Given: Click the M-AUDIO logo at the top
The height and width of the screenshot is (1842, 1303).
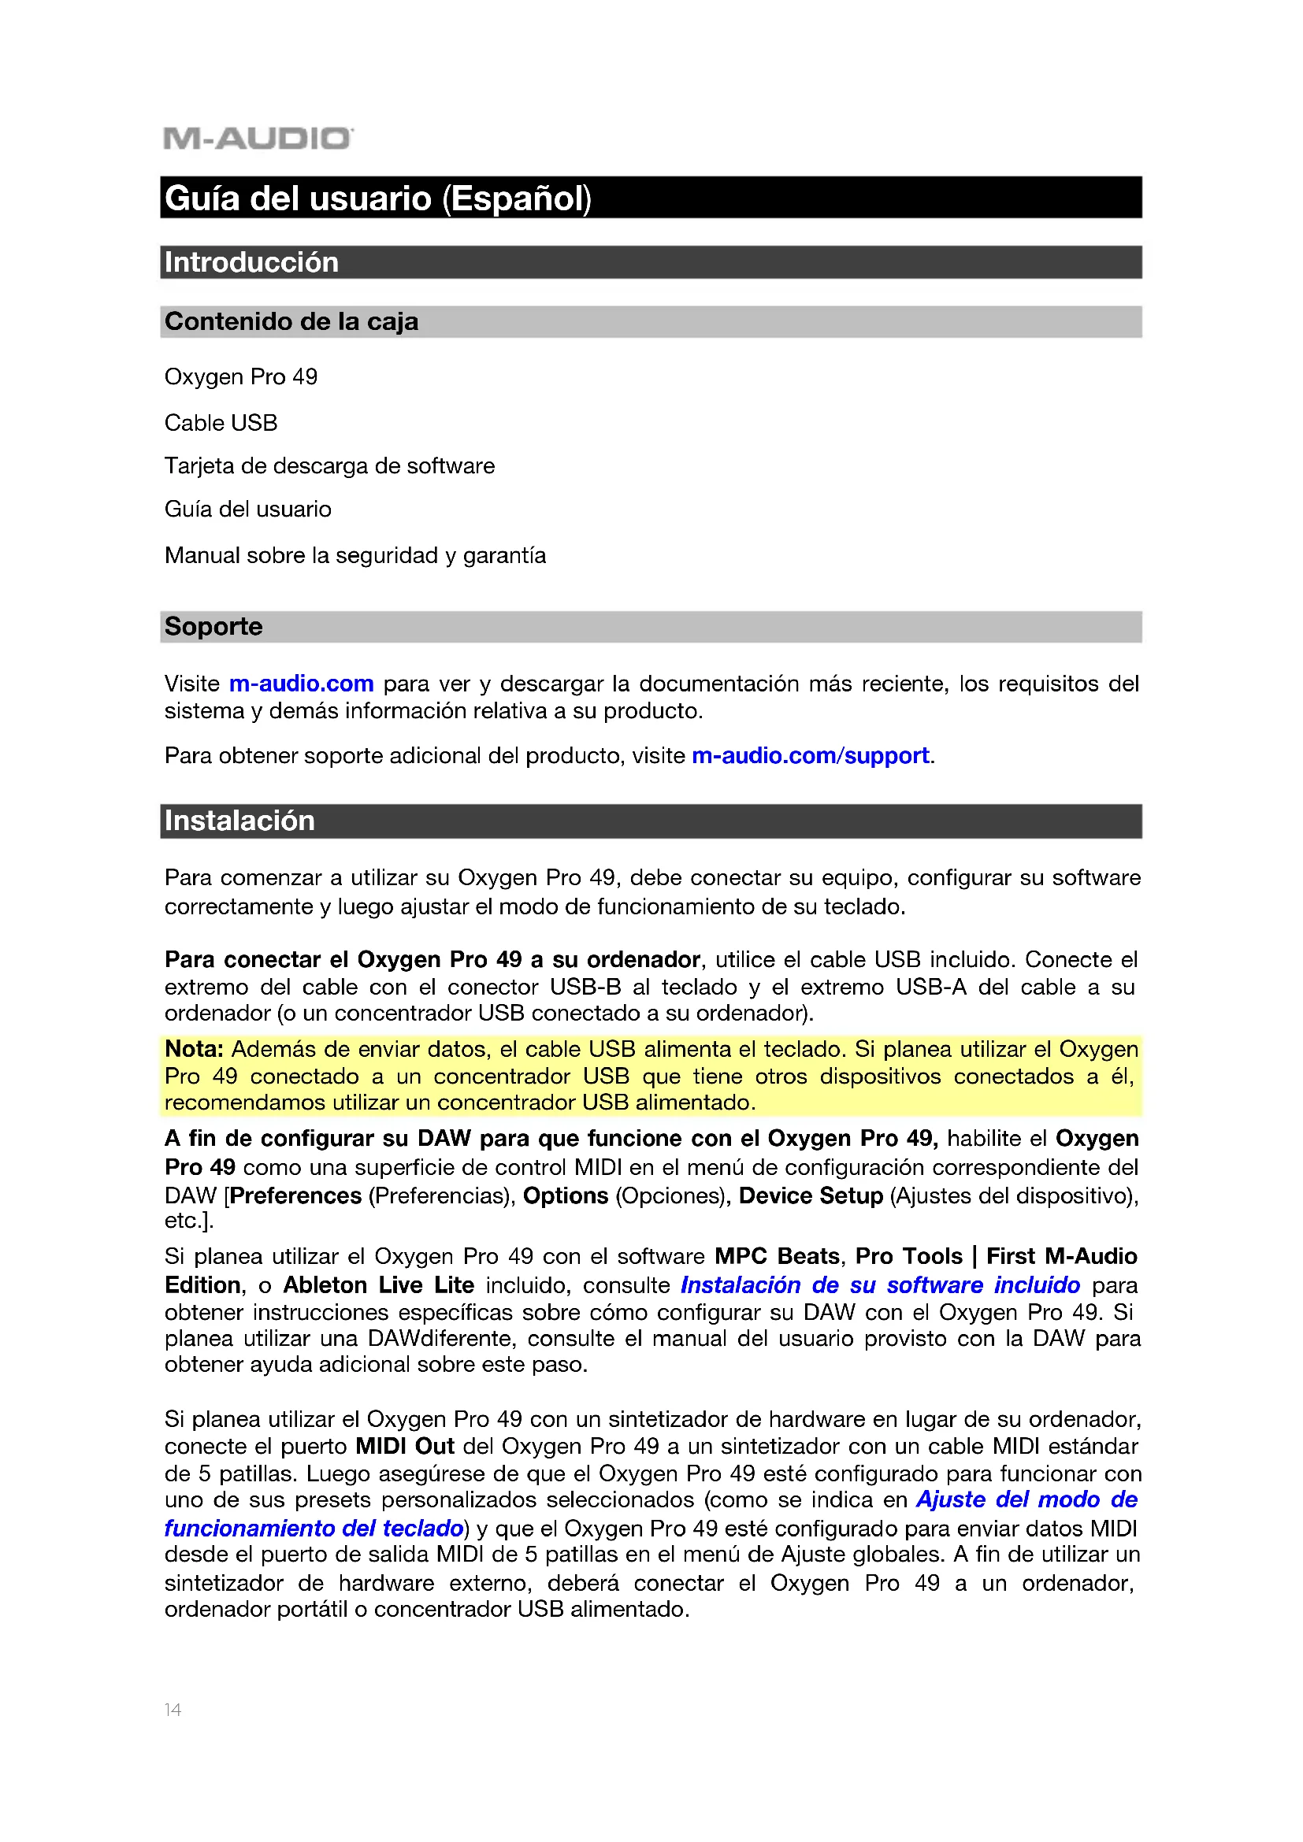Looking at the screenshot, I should coord(258,138).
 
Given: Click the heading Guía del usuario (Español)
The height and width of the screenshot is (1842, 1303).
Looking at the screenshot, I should coord(377,198).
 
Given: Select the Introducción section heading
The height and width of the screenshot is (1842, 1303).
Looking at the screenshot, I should coord(251,262).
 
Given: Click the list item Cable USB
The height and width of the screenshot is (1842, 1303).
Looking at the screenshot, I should coord(221,423).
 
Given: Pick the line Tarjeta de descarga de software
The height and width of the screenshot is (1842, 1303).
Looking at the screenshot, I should coord(329,466).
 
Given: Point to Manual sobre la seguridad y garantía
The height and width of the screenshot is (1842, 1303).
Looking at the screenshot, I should coord(355,555).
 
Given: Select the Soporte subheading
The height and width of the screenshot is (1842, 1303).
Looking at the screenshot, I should coord(213,627).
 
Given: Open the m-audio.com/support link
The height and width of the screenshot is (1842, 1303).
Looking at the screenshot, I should coord(811,756).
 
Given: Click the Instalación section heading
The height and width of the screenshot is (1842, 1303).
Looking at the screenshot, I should coord(239,821).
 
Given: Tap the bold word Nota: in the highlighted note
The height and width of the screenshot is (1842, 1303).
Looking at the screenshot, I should coord(193,1049).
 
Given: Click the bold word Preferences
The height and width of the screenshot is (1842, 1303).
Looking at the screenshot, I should coord(296,1195).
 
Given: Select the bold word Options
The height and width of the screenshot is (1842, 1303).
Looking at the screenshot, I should coord(566,1195).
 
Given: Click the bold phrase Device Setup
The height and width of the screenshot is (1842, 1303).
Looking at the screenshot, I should coord(811,1195).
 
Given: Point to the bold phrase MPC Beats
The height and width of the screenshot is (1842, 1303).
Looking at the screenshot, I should coord(777,1256).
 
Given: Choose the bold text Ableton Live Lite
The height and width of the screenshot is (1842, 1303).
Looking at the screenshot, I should coord(378,1285).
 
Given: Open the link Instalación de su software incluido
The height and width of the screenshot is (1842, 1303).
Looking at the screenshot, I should coord(880,1285).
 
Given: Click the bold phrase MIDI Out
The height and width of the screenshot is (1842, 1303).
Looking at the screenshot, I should coord(405,1447).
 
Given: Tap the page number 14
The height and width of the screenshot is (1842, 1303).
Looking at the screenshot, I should coord(173,1710).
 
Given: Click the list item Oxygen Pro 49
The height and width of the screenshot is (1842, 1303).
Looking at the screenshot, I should coord(241,377).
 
